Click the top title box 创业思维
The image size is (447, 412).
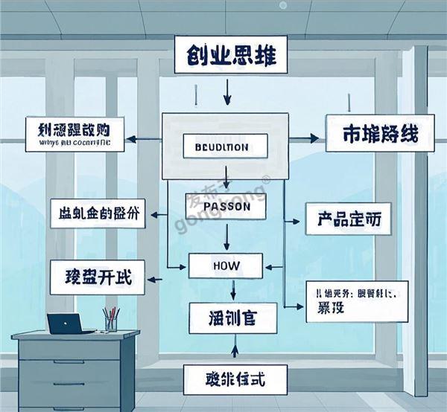[x=226, y=56]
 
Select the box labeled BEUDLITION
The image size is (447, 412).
[x=226, y=147]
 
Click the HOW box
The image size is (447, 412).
[x=226, y=265]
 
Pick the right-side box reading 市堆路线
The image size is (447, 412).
[x=380, y=135]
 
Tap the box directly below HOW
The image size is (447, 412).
[x=233, y=318]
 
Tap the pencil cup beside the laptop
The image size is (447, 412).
[x=110, y=321]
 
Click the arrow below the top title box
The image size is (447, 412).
[x=227, y=91]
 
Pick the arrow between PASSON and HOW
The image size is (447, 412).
[x=226, y=237]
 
